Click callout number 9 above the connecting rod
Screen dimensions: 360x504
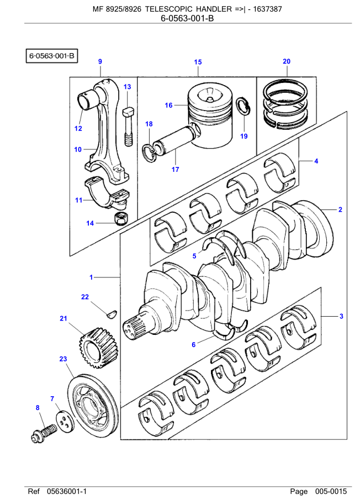100,61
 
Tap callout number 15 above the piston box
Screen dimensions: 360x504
198,62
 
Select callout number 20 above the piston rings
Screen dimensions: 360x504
287,61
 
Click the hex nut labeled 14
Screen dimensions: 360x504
121,219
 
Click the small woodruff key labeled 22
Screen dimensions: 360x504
112,314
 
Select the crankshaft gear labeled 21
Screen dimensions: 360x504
99,348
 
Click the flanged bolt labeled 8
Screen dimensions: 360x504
44,433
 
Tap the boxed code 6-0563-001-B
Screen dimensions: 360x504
52,56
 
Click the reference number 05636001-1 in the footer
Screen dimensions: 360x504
67,491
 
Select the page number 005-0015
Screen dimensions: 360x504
331,491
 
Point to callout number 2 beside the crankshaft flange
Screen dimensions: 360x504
341,209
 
